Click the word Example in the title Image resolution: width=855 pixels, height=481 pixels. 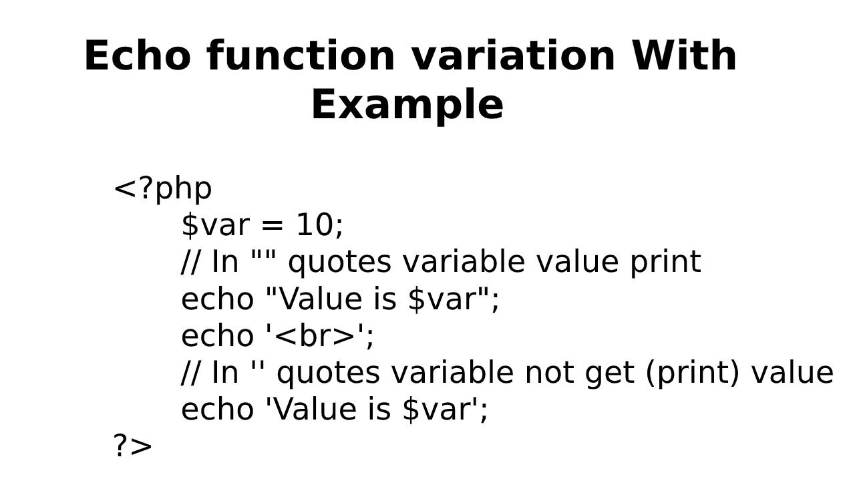[x=407, y=106]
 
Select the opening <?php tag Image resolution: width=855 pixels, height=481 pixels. [x=162, y=188]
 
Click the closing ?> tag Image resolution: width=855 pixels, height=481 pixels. [x=132, y=446]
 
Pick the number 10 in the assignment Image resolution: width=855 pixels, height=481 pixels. [x=319, y=225]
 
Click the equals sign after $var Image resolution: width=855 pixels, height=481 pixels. [x=272, y=226]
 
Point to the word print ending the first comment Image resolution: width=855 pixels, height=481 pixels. [x=665, y=263]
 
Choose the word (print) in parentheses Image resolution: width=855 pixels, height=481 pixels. [x=693, y=373]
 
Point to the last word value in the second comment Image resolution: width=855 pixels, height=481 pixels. [x=792, y=373]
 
